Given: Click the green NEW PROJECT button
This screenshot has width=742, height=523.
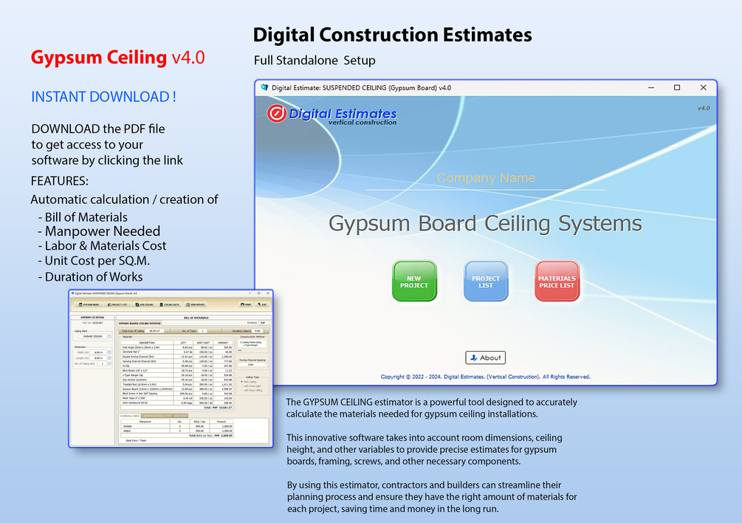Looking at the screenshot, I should (x=414, y=281).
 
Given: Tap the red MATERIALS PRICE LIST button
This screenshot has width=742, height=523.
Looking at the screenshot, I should (x=557, y=281).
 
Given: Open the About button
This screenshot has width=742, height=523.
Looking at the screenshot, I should (x=485, y=358).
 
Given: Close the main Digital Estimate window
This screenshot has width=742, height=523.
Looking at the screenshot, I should (x=703, y=88).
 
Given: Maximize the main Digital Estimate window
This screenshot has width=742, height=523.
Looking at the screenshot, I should (x=677, y=88).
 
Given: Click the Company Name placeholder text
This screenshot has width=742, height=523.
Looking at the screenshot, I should (x=486, y=178).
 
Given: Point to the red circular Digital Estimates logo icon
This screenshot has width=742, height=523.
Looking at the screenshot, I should (x=276, y=114).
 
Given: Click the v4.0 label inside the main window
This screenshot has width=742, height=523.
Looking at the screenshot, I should (x=703, y=108).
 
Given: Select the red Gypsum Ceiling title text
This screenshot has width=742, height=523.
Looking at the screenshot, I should (x=99, y=58).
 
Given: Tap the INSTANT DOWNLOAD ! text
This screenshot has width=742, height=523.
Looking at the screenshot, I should (x=103, y=97).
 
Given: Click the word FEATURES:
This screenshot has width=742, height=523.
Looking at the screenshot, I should (x=60, y=181).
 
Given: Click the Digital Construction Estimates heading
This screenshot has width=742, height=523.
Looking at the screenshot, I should (x=392, y=35).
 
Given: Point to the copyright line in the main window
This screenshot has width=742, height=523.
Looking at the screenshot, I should (x=485, y=377).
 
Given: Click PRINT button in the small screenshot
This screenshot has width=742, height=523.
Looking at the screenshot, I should (x=247, y=304).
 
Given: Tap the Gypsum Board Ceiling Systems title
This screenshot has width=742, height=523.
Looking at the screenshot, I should (x=485, y=223).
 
